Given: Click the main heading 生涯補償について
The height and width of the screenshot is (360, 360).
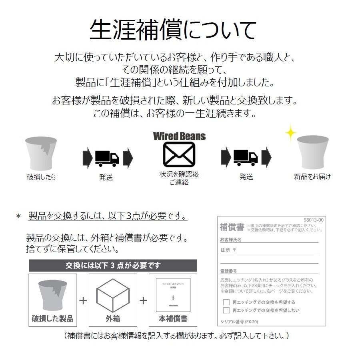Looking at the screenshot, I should (x=173, y=30).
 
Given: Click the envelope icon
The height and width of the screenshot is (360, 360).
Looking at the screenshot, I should (x=179, y=155).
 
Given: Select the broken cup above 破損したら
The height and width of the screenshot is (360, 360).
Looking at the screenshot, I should (x=41, y=152).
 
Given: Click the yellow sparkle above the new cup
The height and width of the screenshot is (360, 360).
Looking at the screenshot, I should (x=290, y=133).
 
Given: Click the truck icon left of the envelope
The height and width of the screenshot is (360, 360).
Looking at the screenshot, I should (x=107, y=158).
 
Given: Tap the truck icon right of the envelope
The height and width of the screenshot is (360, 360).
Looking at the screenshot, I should (x=245, y=158).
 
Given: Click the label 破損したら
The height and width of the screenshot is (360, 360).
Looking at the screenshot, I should (x=41, y=177).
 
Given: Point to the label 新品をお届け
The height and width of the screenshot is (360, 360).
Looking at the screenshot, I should (x=312, y=176).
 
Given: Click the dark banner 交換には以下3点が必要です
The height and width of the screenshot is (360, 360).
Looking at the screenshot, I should (x=113, y=265).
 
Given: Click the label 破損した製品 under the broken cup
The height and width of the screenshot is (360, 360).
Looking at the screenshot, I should (x=52, y=319).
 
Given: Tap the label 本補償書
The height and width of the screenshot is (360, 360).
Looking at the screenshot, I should (x=173, y=319).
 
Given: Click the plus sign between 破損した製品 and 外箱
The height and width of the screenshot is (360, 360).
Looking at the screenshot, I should (x=83, y=300).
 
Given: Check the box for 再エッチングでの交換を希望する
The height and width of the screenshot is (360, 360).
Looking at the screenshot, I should (x=226, y=302).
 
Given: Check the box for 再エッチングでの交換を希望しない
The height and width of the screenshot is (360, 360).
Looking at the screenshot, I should (x=226, y=310).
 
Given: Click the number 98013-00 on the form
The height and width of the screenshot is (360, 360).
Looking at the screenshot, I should (x=313, y=220).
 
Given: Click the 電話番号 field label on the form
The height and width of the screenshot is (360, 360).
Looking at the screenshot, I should (x=228, y=271).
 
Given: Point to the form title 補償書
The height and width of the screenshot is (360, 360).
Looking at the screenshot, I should (x=232, y=227).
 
